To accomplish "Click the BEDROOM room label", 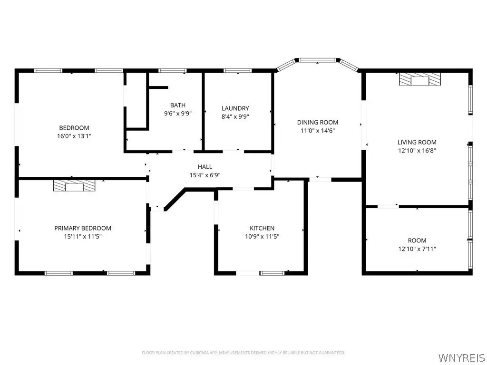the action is click(x=74, y=127).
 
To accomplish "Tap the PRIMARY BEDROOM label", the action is click(x=83, y=228).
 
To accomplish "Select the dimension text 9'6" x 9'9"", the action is click(x=178, y=113).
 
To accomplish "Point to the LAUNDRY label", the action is click(x=235, y=108).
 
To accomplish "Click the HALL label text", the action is click(x=205, y=167).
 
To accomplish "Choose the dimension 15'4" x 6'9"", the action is click(x=205, y=175).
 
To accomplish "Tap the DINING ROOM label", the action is click(x=317, y=122).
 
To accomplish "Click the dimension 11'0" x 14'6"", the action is click(x=317, y=131).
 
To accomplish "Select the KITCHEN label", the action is click(x=262, y=228).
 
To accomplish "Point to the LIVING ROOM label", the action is click(x=417, y=143).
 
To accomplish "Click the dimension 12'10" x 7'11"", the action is click(x=417, y=249).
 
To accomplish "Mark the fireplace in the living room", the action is click(x=420, y=79).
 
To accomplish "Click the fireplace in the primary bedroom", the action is click(x=74, y=185).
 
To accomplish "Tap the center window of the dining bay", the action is click(x=317, y=60).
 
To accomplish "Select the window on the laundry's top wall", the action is click(x=238, y=70).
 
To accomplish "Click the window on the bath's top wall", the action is click(x=172, y=70).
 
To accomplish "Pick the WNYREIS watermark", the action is click(x=461, y=357).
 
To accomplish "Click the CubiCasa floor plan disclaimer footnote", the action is click(x=243, y=353).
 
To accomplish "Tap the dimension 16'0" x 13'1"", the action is click(x=74, y=136).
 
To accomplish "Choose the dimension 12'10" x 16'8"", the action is click(x=417, y=151).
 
